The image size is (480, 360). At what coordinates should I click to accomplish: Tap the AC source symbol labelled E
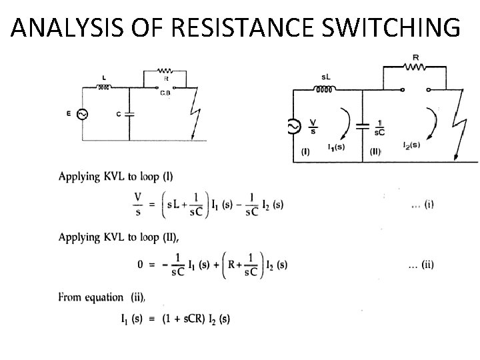tap(82, 115)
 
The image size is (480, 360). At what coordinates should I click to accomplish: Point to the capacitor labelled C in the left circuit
tap(129, 113)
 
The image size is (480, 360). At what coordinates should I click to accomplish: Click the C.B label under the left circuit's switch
tap(165, 93)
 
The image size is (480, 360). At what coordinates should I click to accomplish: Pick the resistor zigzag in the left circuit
tap(165, 70)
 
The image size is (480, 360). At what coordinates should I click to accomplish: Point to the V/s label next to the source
tap(313, 125)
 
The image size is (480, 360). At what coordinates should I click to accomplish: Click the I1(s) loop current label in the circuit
tap(337, 147)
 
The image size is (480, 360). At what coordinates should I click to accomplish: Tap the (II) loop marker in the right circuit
tap(375, 152)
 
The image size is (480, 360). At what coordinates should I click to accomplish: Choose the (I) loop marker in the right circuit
tap(306, 152)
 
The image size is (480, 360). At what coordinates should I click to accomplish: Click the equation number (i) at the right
tap(423, 205)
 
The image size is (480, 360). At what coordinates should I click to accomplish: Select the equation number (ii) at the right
tap(421, 264)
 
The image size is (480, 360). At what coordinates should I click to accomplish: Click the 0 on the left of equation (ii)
tap(141, 264)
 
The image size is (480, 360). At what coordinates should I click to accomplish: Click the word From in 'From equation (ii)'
tap(70, 297)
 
